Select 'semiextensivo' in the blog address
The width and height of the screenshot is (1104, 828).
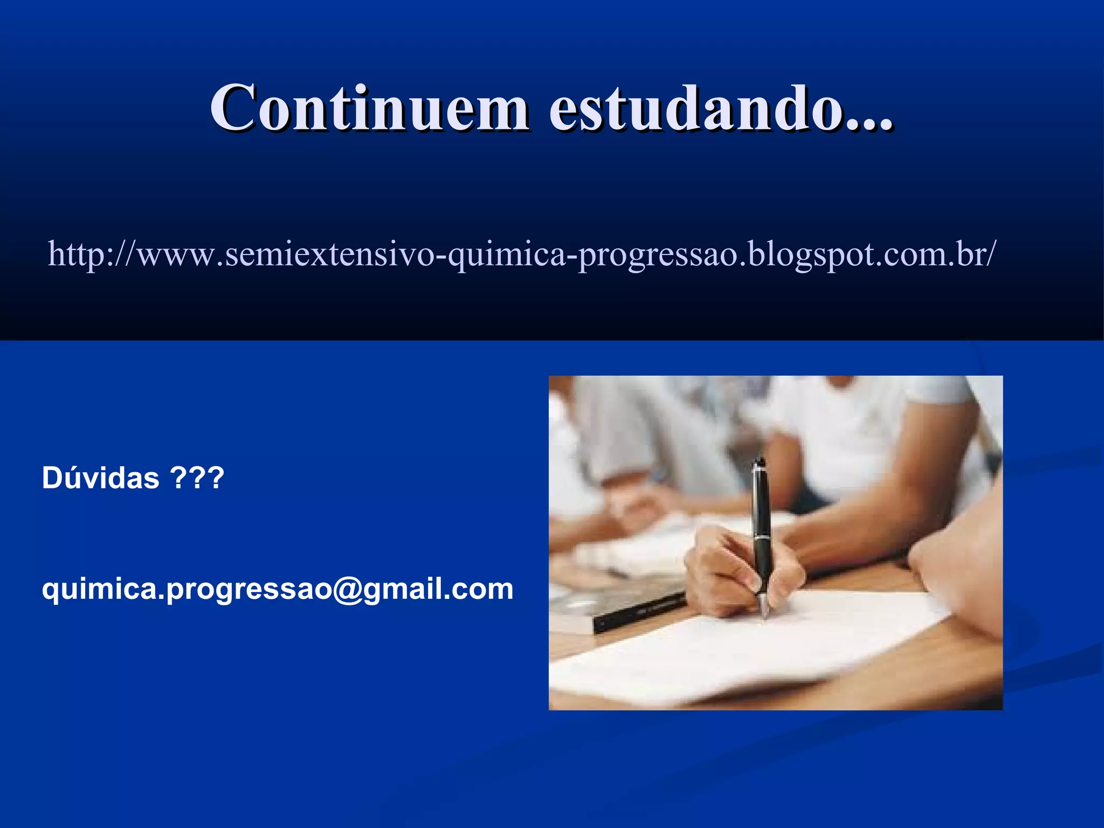329,254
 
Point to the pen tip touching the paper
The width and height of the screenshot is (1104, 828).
765,615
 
